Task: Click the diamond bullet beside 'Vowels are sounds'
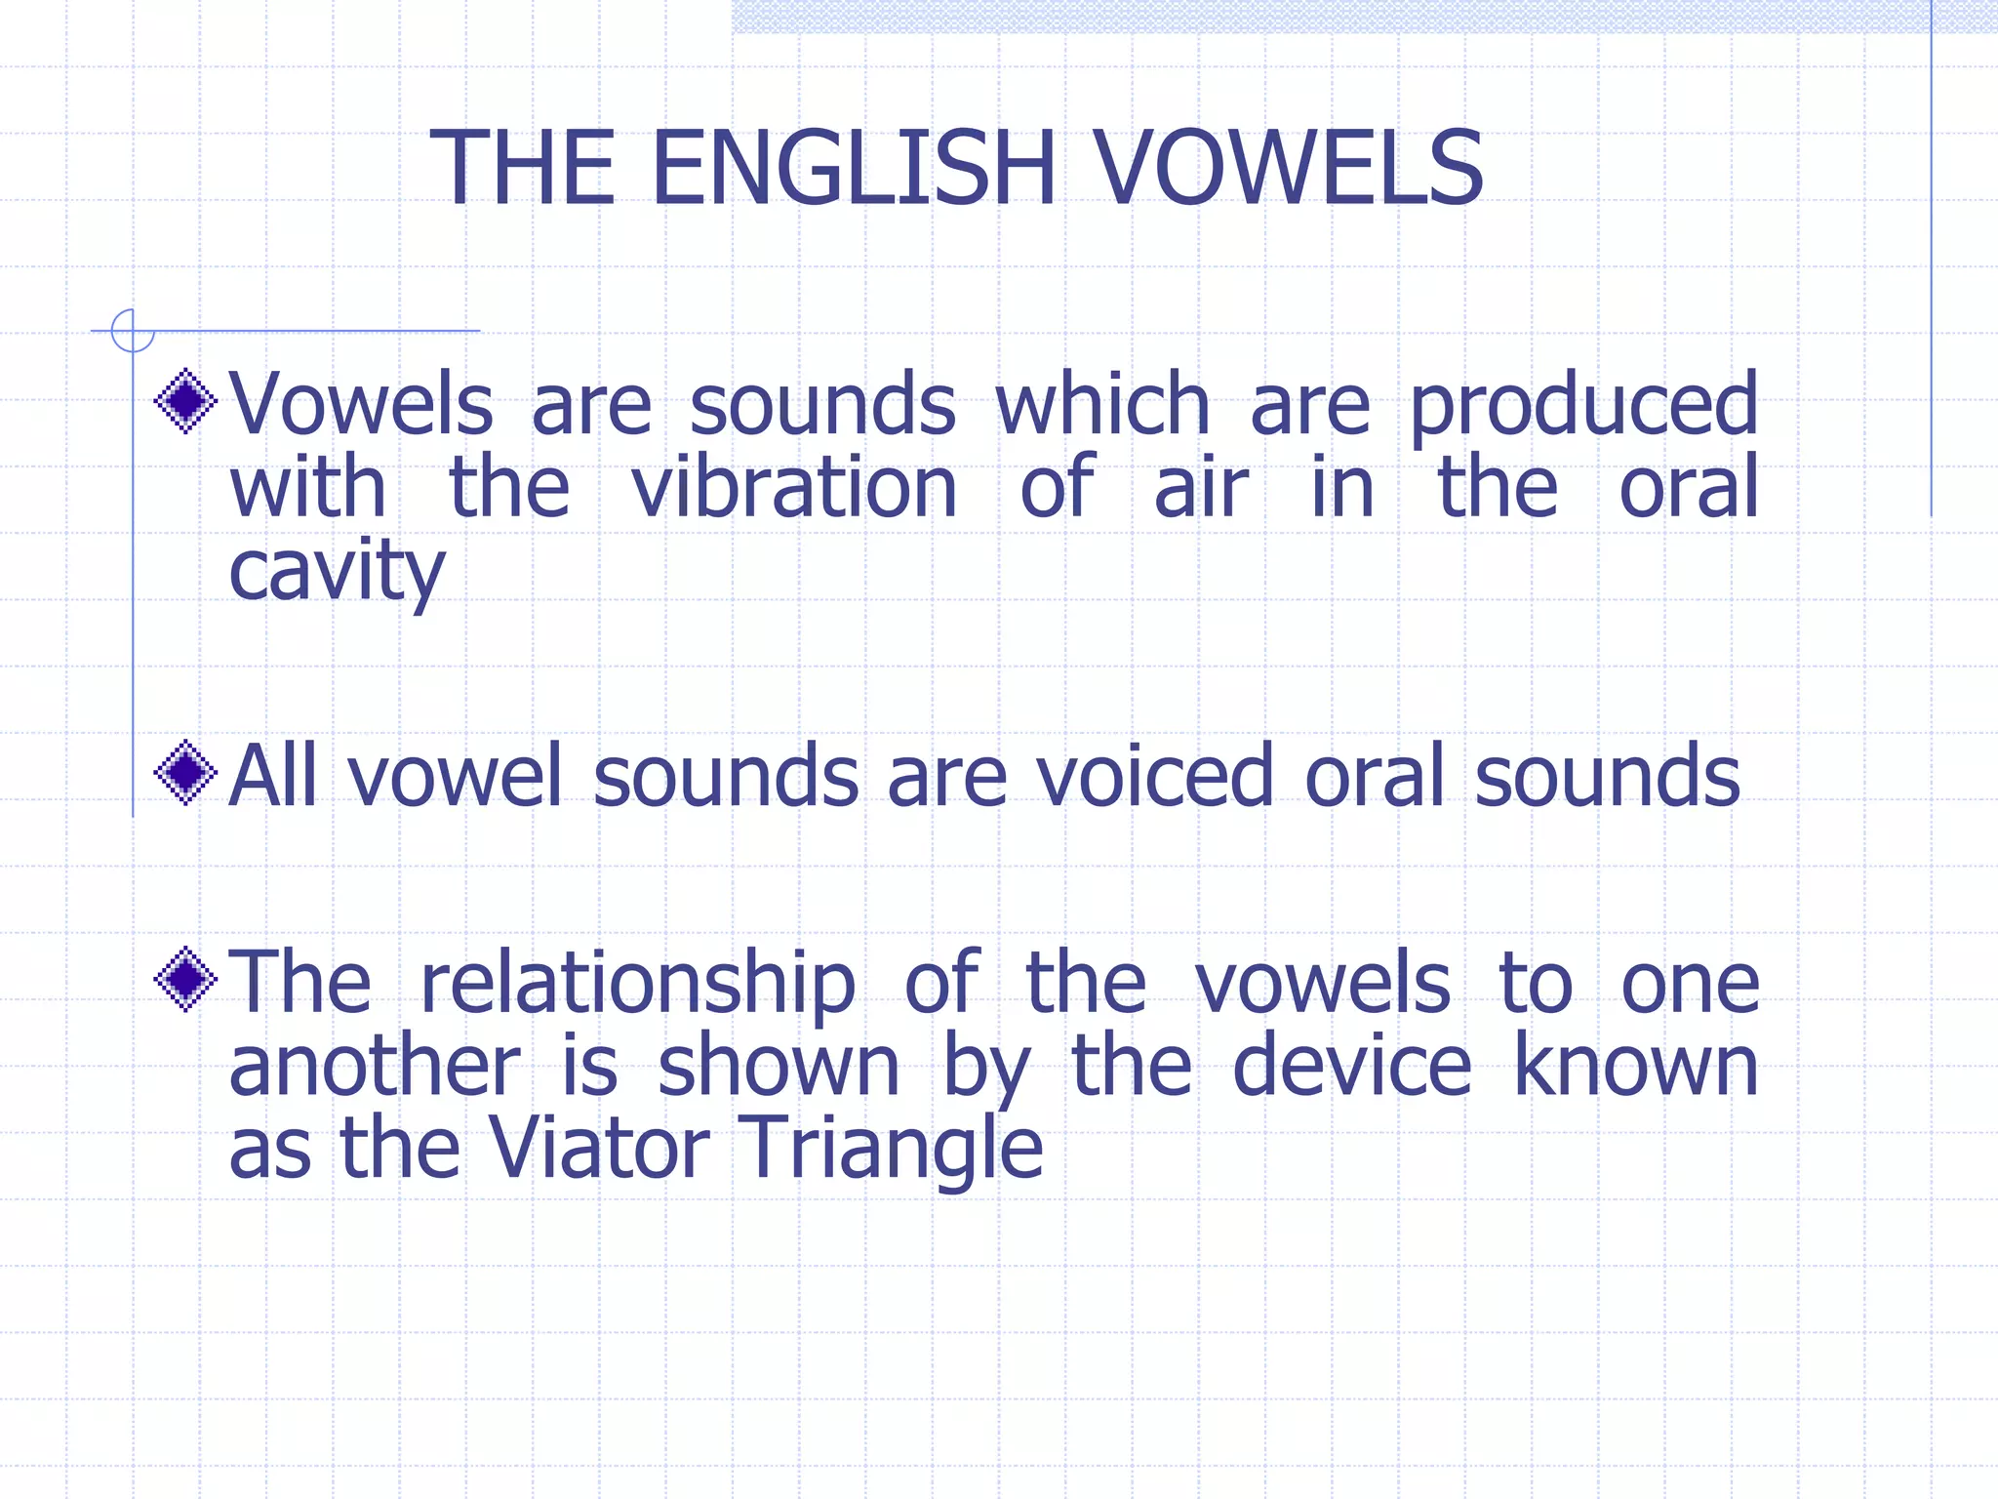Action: point(185,401)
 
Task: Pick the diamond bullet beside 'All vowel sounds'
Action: point(185,773)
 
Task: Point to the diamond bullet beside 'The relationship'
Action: point(185,979)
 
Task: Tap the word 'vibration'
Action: point(794,487)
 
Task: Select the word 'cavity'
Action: point(337,572)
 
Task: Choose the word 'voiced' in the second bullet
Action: point(1154,776)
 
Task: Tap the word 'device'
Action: point(1351,1066)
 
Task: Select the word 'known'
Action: point(1636,1066)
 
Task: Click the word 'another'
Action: point(375,1066)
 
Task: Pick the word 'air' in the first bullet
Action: point(1201,487)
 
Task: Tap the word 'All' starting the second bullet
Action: point(273,776)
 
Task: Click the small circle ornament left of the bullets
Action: point(133,331)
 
